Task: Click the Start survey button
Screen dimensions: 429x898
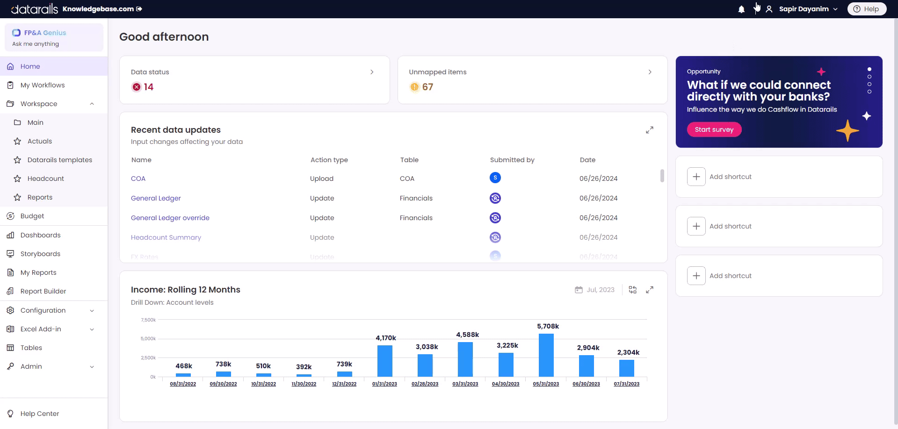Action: (714, 129)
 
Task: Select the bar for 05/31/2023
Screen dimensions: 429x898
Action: (546, 355)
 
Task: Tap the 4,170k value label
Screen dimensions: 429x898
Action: (385, 338)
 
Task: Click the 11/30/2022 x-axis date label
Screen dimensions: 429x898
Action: (304, 384)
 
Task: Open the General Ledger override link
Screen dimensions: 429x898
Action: (170, 218)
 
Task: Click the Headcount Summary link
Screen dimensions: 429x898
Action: (166, 237)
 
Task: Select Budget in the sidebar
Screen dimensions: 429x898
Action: (32, 216)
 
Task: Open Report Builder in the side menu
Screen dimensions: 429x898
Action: (43, 291)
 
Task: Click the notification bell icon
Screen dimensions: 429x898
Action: (741, 9)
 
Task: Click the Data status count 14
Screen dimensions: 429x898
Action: (148, 87)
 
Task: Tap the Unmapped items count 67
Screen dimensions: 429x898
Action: (427, 87)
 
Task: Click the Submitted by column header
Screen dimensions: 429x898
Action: (512, 160)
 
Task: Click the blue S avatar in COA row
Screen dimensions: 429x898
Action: (495, 178)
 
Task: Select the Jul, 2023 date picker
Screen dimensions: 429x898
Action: (595, 290)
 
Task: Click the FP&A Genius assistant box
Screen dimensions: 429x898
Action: (54, 38)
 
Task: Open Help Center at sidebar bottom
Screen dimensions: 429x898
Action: (39, 414)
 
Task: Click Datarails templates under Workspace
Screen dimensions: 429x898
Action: (59, 160)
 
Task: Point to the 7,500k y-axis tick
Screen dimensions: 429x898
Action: (148, 320)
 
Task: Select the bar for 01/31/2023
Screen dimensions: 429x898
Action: (384, 361)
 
